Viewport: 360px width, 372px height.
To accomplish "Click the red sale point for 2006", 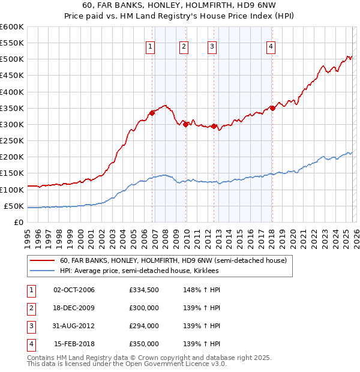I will coord(152,113).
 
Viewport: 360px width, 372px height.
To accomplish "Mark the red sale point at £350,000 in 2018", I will coord(272,108).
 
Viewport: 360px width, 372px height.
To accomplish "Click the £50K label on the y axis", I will coord(14,206).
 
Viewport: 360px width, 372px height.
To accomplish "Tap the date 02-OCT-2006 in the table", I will coord(74,290).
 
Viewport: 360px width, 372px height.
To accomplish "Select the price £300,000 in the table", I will coord(144,308).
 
